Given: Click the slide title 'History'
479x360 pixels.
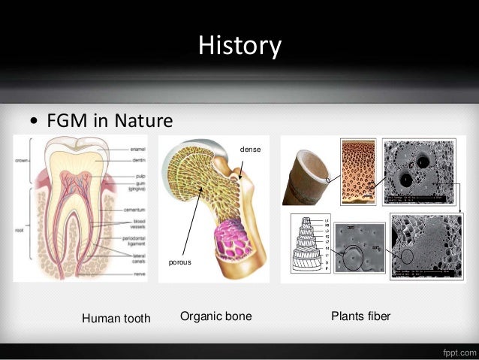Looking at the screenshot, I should click(239, 46).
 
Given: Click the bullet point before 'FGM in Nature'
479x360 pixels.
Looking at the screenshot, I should click(33, 122).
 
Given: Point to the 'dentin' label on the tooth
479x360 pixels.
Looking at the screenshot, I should click(137, 159).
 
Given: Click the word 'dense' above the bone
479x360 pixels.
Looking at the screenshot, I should click(250, 150).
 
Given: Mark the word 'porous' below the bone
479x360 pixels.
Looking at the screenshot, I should click(179, 262).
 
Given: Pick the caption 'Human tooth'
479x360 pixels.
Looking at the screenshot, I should click(116, 319).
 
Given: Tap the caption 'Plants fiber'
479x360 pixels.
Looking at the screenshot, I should click(360, 317).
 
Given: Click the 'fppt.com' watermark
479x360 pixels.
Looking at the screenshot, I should click(455, 351).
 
